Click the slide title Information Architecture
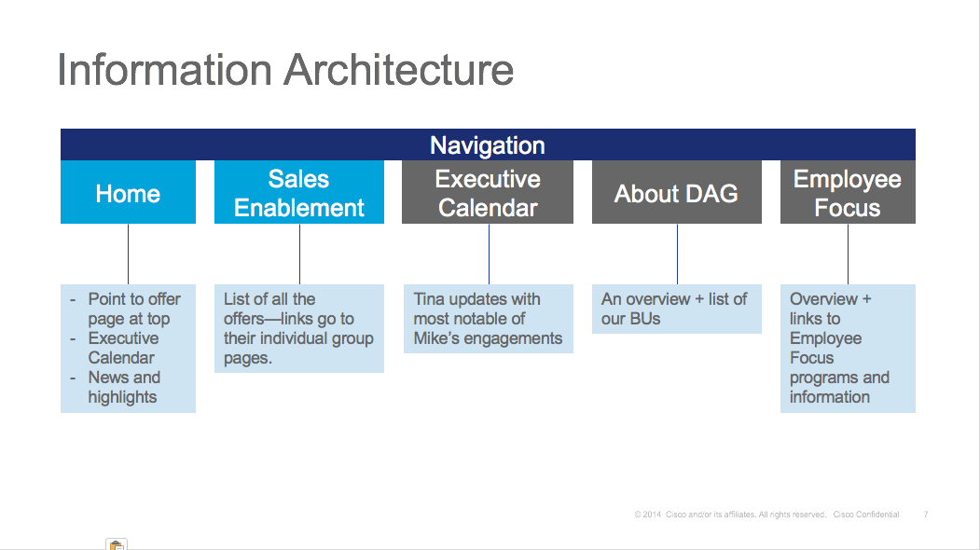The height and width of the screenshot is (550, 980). (285, 70)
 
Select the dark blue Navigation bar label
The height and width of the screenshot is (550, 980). (487, 145)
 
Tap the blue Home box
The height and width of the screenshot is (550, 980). (128, 193)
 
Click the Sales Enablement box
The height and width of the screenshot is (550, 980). (298, 193)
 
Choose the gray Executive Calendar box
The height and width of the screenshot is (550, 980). (488, 193)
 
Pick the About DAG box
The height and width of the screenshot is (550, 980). (676, 193)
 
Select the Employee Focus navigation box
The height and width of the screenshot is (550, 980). (847, 193)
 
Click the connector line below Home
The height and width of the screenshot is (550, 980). (128, 254)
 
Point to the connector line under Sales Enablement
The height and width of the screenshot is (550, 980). (299, 254)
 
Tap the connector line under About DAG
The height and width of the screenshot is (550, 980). (677, 254)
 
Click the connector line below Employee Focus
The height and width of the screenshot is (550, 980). (848, 254)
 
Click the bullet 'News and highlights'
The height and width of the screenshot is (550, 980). (123, 387)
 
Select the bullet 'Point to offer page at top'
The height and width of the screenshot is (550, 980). (132, 309)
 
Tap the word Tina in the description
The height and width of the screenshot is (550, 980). (431, 299)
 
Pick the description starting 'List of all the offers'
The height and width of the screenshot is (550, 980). (297, 328)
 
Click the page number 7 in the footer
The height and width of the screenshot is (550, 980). (925, 515)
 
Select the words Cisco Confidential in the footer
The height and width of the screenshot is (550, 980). (866, 515)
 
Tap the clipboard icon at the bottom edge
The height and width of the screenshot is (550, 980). (117, 545)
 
